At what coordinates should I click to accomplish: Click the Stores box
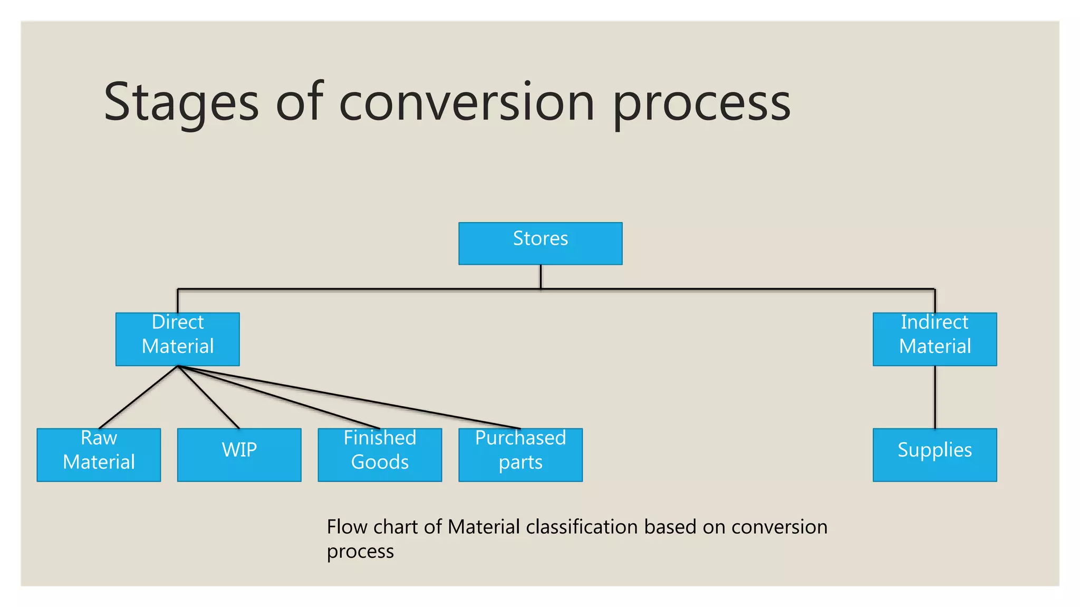(x=540, y=243)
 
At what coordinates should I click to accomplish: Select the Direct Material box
(x=177, y=339)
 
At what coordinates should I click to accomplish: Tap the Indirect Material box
(x=934, y=339)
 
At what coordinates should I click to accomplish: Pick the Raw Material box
(x=99, y=455)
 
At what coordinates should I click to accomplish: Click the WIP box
(x=239, y=455)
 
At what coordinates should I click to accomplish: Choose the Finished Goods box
(x=380, y=455)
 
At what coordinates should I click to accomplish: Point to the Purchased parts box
(x=520, y=455)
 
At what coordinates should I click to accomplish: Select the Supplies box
(x=934, y=455)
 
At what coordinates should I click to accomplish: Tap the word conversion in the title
(x=467, y=103)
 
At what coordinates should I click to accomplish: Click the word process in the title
(x=701, y=105)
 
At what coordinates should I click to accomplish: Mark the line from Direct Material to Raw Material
(x=138, y=397)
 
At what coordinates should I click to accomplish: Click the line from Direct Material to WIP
(x=209, y=398)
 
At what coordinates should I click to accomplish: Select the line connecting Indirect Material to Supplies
(x=935, y=397)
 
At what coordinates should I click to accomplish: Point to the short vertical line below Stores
(x=541, y=276)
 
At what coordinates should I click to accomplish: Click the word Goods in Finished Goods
(x=380, y=462)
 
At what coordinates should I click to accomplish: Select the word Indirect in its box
(x=934, y=322)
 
